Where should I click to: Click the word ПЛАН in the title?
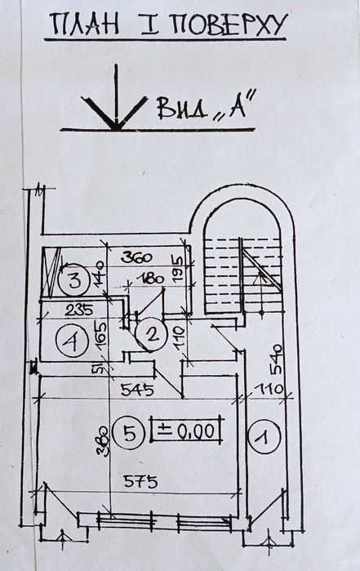click(84, 24)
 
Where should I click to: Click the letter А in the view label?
click(236, 106)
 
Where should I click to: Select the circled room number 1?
click(265, 436)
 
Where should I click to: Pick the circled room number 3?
click(74, 280)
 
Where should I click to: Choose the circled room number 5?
click(130, 433)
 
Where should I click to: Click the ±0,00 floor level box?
click(186, 430)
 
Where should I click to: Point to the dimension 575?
click(140, 481)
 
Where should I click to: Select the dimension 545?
click(138, 390)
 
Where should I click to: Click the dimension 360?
click(136, 258)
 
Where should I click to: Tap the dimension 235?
click(79, 310)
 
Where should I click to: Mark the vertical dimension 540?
click(276, 359)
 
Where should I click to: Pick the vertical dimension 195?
click(177, 268)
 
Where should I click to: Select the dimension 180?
click(151, 279)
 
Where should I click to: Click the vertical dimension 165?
click(101, 334)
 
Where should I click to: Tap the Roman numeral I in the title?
click(149, 25)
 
